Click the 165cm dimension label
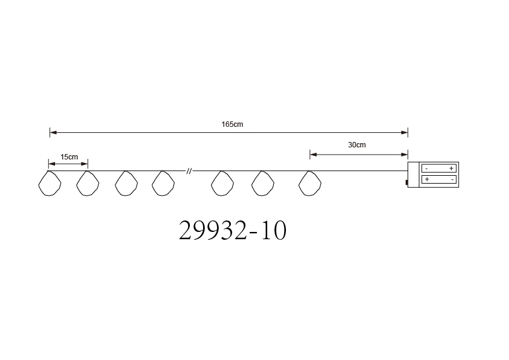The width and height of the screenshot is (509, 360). pyautogui.click(x=232, y=124)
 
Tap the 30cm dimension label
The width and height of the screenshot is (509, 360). pyautogui.click(x=357, y=145)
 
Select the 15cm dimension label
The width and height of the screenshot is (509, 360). pyautogui.click(x=69, y=157)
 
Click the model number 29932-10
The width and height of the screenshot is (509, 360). pyautogui.click(x=232, y=230)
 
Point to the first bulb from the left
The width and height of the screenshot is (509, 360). pyautogui.click(x=50, y=183)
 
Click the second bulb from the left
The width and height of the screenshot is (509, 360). pyautogui.click(x=88, y=183)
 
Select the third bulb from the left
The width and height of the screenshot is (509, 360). pyautogui.click(x=126, y=183)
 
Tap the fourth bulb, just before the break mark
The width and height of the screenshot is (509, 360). pyautogui.click(x=163, y=183)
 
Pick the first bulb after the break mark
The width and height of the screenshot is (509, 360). pyautogui.click(x=222, y=183)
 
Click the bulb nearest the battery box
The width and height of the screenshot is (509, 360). pyautogui.click(x=310, y=183)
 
